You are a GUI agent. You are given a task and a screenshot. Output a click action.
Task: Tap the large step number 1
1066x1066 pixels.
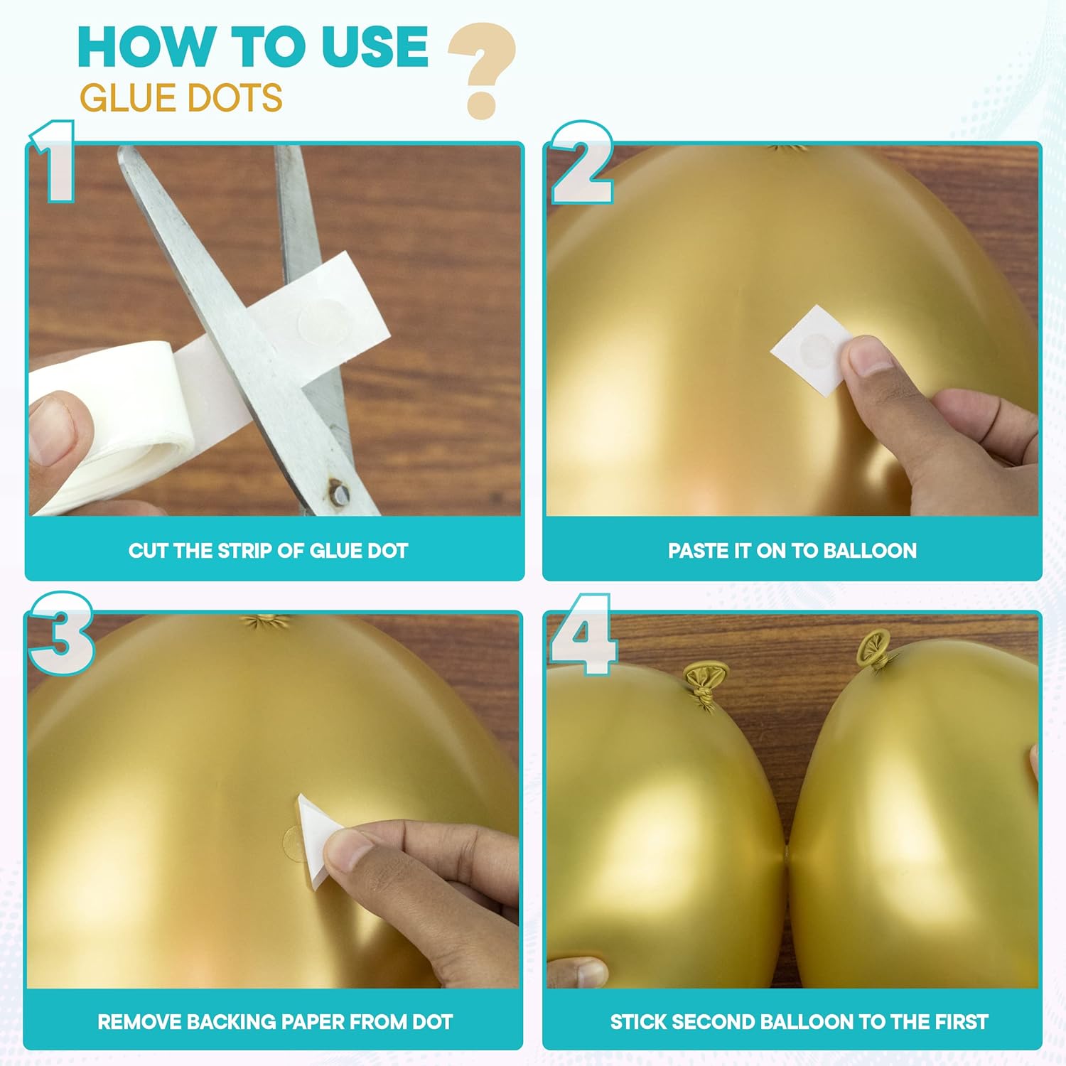(x=54, y=161)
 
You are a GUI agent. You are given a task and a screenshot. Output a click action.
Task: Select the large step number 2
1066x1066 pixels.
(x=582, y=163)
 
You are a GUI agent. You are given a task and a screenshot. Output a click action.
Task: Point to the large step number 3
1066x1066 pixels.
(x=61, y=633)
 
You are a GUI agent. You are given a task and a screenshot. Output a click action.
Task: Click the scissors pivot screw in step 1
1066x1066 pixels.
(x=335, y=491)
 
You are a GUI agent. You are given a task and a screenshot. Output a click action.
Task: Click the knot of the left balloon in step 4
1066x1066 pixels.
(x=706, y=687)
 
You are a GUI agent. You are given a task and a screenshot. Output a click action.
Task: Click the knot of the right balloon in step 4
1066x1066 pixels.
(x=876, y=651)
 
